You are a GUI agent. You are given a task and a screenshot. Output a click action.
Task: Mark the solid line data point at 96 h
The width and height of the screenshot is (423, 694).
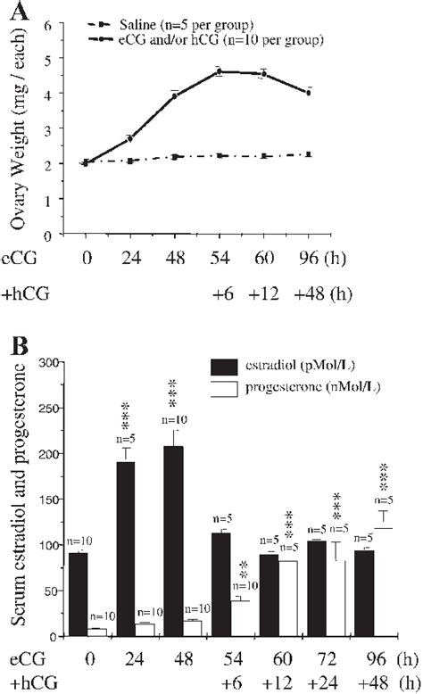coord(308,92)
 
